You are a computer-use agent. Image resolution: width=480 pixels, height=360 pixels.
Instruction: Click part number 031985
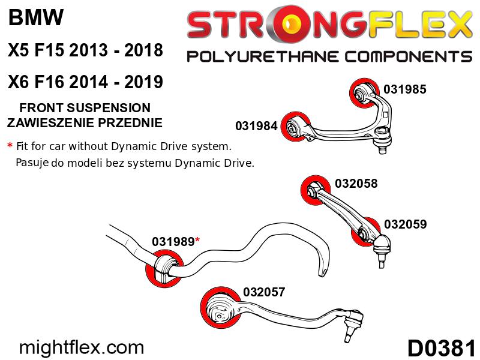pos(404,89)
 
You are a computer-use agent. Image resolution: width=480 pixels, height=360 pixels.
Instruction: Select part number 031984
pos(256,126)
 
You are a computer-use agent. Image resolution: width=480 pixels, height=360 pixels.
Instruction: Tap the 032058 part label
pos(356,184)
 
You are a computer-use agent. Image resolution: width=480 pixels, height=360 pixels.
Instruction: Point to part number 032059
pos(406,224)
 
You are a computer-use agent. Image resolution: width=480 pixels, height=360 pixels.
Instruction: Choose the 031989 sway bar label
pos(173,242)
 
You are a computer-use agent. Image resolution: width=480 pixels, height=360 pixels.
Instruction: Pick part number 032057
pos(264,292)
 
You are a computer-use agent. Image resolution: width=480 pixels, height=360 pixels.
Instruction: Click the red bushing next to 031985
pos(363,93)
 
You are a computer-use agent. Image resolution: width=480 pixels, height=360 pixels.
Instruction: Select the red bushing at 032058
pos(316,190)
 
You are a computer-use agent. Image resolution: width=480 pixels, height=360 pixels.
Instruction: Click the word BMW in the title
pos(36,17)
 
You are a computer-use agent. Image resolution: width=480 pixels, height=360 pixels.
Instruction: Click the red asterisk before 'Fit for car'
pos(10,145)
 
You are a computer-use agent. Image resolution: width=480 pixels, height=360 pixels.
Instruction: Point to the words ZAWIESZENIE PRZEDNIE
pos(85,123)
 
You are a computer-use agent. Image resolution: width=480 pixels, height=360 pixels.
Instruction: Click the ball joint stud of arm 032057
pos(348,335)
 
